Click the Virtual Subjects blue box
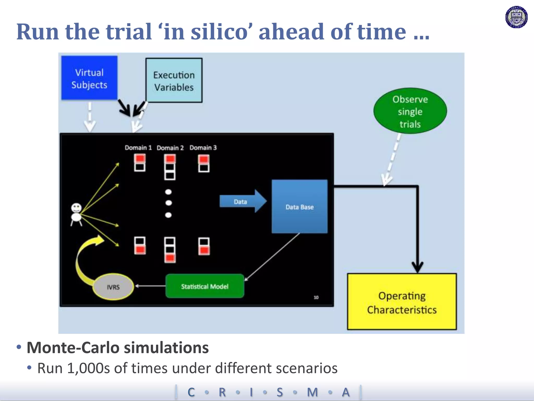point(89,78)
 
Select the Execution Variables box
point(174,80)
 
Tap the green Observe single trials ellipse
point(410,111)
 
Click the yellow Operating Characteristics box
point(402,302)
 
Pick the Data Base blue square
point(299,207)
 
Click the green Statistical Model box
point(205,286)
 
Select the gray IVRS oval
point(113,287)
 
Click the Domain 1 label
point(138,148)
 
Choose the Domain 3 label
point(203,148)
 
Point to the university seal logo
point(516,17)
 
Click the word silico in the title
point(219,32)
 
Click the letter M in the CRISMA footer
point(312,392)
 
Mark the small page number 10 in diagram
point(316,297)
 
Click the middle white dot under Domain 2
point(169,203)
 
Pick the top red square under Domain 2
point(170,158)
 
